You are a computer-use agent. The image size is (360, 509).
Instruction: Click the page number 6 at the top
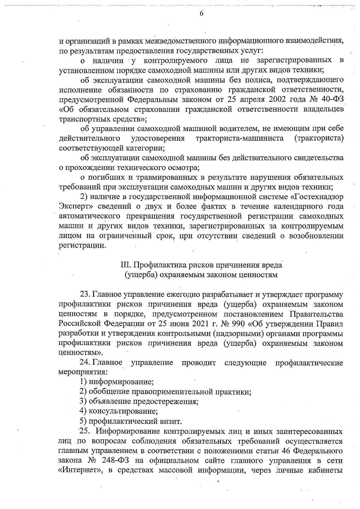coord(201,13)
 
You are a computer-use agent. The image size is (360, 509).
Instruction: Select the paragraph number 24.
coord(85,363)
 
